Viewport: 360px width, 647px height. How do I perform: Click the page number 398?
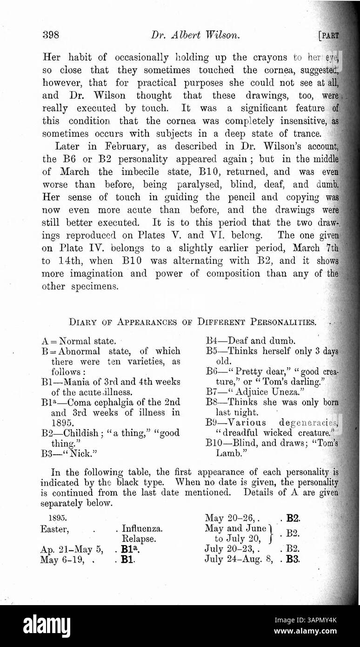[50, 35]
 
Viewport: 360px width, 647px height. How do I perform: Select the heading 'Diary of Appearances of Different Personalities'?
[193, 322]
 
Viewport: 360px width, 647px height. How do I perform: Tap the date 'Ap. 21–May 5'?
[71, 549]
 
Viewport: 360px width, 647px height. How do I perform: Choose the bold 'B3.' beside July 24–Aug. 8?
[293, 559]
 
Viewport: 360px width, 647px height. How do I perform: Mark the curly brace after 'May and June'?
[271, 533]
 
